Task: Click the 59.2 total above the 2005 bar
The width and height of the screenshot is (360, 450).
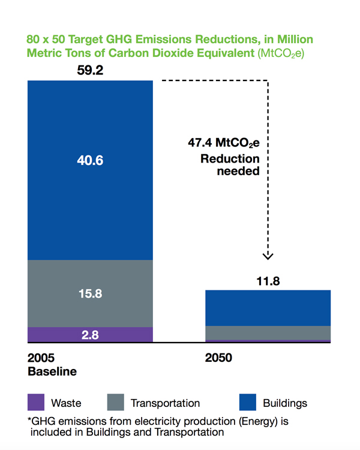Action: [x=90, y=70]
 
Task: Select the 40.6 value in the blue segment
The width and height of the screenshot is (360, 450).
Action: [x=90, y=160]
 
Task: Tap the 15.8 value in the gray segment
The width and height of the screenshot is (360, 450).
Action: [x=90, y=293]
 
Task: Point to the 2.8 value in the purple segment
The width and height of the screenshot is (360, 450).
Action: [x=90, y=335]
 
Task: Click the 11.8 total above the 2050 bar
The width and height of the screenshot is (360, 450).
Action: [x=268, y=281]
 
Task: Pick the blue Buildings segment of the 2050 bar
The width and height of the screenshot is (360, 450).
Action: [x=268, y=308]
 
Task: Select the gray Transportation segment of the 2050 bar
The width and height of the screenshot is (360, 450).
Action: [x=268, y=333]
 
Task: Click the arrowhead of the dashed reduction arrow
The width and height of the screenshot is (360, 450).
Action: [x=268, y=256]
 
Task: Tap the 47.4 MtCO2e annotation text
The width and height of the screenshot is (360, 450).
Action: [x=224, y=143]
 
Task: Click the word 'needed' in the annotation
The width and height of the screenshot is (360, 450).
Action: [x=238, y=171]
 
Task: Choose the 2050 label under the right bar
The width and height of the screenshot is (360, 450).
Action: [x=218, y=358]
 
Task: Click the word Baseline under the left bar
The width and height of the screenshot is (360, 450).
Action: [x=52, y=371]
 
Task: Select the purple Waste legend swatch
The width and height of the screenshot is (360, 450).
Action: [x=36, y=402]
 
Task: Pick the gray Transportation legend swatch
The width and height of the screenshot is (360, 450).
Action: [x=115, y=402]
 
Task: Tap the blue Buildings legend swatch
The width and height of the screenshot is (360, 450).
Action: [x=248, y=402]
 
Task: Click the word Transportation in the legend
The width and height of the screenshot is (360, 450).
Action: [x=166, y=403]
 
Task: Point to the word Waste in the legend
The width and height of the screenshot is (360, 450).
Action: [x=66, y=403]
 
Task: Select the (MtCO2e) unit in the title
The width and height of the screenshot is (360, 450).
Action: [x=280, y=53]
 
